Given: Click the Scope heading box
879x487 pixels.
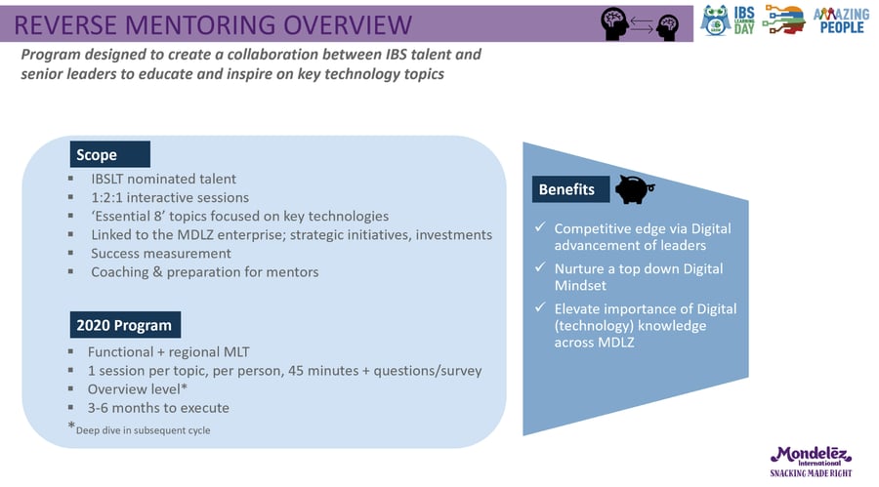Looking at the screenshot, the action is tap(109, 154).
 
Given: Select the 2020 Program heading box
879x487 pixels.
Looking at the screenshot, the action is tap(125, 324).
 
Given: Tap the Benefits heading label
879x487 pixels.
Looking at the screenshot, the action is tap(570, 189).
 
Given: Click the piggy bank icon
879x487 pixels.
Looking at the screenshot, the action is tap(634, 189).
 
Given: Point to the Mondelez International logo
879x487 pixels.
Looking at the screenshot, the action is tap(811, 462).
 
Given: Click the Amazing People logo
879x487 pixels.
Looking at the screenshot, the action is tap(842, 20).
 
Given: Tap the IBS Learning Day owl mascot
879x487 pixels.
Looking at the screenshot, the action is tap(715, 20).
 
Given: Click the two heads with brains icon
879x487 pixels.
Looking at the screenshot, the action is tap(640, 24).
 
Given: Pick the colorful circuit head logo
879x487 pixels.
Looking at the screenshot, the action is tap(783, 20).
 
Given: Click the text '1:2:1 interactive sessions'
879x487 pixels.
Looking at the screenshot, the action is tap(170, 197).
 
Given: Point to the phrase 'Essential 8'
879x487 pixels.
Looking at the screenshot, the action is tap(128, 216).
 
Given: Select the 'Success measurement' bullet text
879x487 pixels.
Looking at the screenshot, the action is tap(161, 254).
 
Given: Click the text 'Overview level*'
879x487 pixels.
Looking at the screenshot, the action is tap(138, 389).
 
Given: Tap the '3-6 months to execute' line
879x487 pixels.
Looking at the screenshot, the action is tap(158, 407).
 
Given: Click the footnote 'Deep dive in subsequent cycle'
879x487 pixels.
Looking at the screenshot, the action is tap(143, 430).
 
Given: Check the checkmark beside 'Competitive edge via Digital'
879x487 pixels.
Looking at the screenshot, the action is tap(540, 227).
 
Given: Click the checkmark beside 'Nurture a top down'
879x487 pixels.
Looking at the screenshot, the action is tap(540, 267).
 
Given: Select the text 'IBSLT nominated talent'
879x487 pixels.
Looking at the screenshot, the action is tap(164, 179).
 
